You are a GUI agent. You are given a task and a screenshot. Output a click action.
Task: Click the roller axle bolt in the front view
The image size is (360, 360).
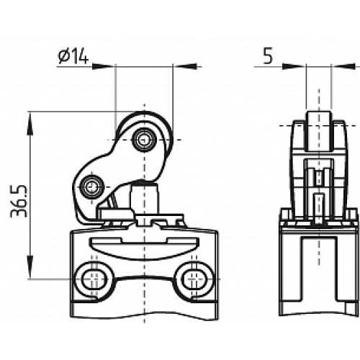(145, 138)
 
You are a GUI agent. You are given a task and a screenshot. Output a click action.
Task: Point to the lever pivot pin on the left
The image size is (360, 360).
(91, 187)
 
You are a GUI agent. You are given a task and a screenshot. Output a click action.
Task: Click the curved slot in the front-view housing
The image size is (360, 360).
(144, 247)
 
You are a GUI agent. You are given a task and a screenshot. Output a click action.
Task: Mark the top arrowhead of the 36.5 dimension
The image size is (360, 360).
(30, 116)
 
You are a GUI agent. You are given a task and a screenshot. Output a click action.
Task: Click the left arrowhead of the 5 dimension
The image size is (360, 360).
(302, 66)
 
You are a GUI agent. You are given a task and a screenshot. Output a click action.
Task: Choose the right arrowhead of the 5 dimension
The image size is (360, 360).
(335, 66)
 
